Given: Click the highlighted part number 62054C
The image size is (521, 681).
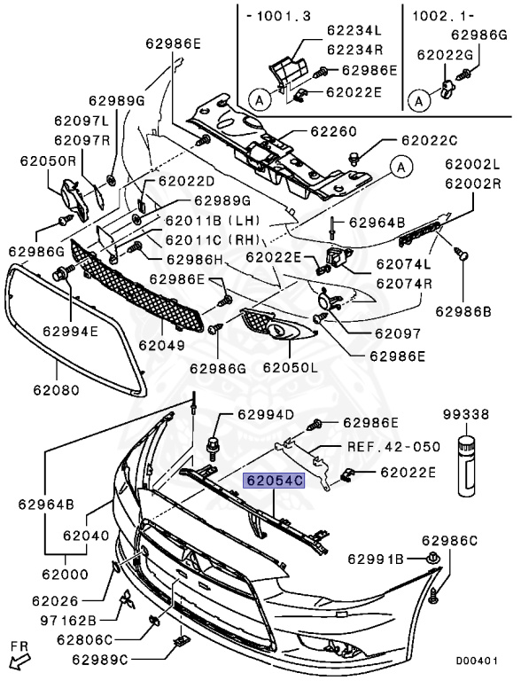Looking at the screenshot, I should click(x=275, y=481).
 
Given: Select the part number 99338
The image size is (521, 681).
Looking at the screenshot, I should click(x=467, y=414).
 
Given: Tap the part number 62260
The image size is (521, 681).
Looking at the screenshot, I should click(x=333, y=131).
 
